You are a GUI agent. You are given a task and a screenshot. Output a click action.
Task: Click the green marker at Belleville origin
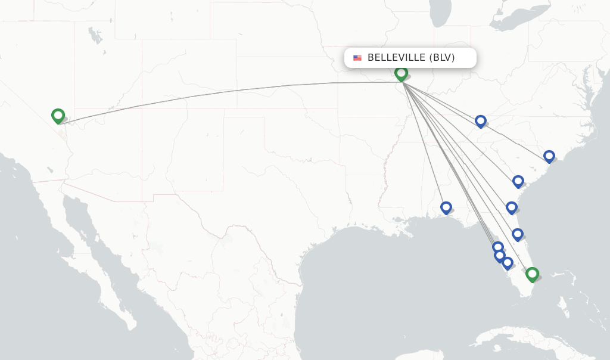coord(401,73)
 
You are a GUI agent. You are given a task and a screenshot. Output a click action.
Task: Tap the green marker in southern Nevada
coord(58,115)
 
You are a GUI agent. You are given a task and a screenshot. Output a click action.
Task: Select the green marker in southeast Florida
coord(532,274)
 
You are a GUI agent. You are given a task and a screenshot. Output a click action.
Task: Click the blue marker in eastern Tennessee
coord(481,121)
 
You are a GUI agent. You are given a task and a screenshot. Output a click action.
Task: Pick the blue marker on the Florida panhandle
coord(446,207)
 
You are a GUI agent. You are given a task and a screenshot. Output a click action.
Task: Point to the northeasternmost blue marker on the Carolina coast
coord(549,156)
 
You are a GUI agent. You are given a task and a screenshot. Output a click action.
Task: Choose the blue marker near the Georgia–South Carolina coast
coord(518,181)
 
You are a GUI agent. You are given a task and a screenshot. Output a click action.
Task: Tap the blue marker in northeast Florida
coord(512,207)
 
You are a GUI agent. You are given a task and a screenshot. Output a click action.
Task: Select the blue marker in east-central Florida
coord(518,234)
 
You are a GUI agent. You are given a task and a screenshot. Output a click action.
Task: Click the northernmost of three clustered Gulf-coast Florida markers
coord(498,247)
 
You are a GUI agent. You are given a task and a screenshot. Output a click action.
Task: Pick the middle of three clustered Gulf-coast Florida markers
coord(500,255)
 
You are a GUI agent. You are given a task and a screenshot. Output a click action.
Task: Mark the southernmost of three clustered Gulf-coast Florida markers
coord(508,262)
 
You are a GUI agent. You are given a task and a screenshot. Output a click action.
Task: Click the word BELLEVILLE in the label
coord(396,58)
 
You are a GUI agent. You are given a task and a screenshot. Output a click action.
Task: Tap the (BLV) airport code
coord(442,58)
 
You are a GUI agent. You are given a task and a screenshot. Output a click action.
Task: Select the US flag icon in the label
coord(357,58)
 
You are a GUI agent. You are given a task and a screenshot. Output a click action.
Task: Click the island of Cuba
coord(524,339)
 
